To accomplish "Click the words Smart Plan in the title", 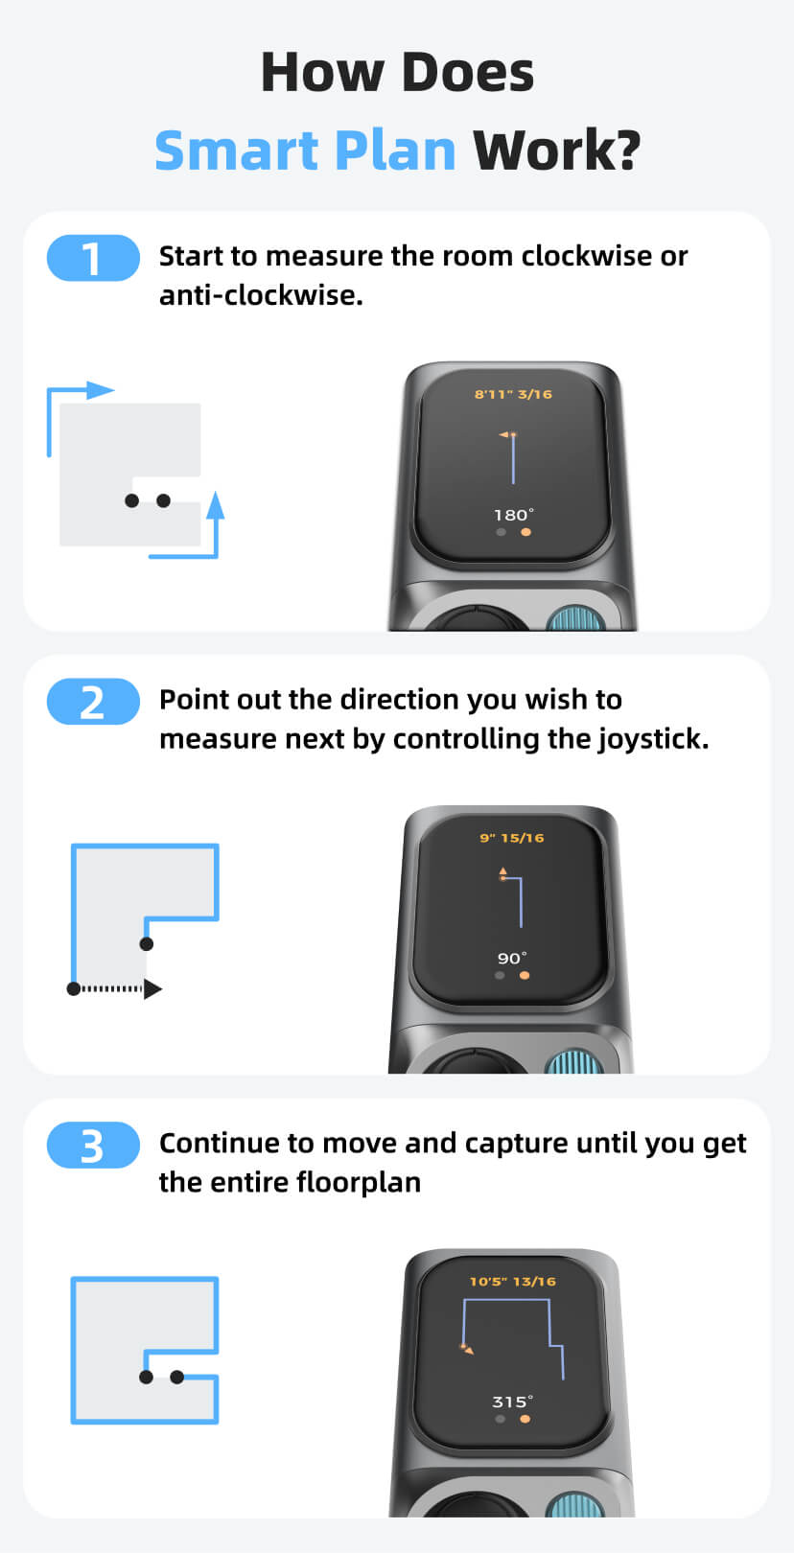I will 305,151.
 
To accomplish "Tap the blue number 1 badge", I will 93,258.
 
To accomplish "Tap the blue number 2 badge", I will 93,702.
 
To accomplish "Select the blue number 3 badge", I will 93,1146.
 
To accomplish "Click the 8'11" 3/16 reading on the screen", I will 513,394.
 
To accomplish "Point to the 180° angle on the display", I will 513,515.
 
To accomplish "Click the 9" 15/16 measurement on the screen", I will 512,838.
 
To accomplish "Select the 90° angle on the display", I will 512,959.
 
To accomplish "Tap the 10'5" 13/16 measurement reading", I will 513,1282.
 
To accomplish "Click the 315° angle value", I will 513,1402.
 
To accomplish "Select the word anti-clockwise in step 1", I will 261,295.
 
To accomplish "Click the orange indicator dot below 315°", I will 525,1419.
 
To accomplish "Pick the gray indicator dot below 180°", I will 501,531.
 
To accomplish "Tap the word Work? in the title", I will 556,151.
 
